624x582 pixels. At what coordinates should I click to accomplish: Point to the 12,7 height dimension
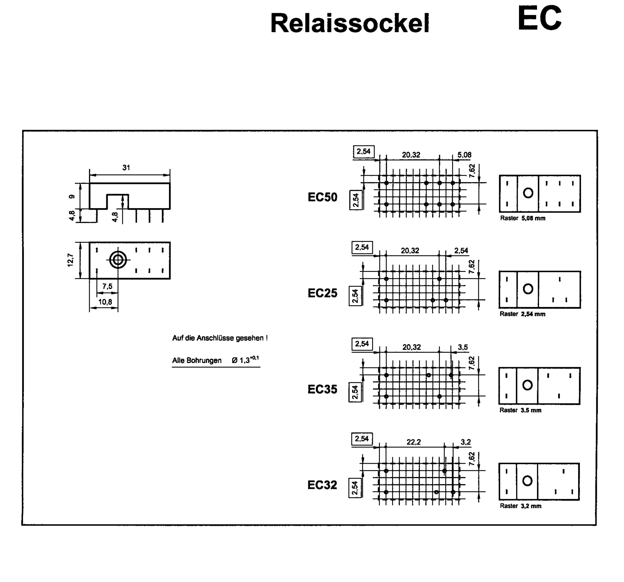tap(71, 260)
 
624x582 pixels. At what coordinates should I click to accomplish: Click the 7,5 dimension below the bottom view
tap(107, 286)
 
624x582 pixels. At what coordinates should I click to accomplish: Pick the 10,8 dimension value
tap(105, 302)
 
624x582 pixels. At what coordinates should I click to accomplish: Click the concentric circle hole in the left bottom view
tap(118, 260)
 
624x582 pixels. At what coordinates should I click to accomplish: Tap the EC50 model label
tap(322, 197)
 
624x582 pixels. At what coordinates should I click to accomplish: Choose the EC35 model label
tap(322, 389)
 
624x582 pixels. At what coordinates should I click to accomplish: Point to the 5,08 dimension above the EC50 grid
tap(464, 155)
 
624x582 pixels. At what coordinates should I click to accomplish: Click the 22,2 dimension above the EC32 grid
tap(413, 442)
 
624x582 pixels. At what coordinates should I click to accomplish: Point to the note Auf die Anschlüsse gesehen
tap(220, 338)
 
